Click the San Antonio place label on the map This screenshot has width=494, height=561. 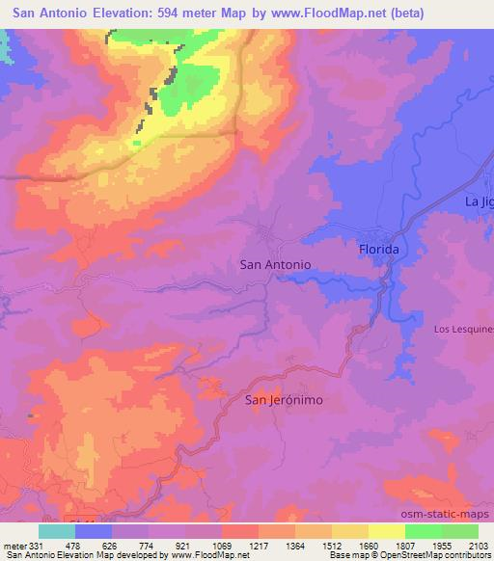click(274, 263)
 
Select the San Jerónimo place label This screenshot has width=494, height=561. click(283, 399)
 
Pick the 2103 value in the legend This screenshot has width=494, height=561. click(478, 545)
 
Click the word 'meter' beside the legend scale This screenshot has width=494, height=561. click(14, 545)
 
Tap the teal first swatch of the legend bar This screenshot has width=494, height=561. click(57, 531)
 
